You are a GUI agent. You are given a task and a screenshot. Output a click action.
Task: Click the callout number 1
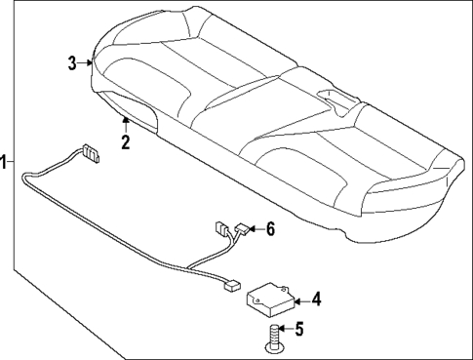[x=5, y=162]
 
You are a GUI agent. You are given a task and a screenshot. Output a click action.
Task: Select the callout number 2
[x=125, y=142]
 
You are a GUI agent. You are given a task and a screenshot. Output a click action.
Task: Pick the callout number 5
[x=300, y=330]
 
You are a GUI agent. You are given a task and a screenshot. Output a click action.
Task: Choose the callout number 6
[x=271, y=229]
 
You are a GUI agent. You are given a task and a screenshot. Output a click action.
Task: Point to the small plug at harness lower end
[x=232, y=286]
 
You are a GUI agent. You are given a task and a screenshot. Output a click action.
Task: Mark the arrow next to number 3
[x=87, y=64]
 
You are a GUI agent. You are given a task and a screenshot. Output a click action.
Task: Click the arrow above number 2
[x=125, y=124]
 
